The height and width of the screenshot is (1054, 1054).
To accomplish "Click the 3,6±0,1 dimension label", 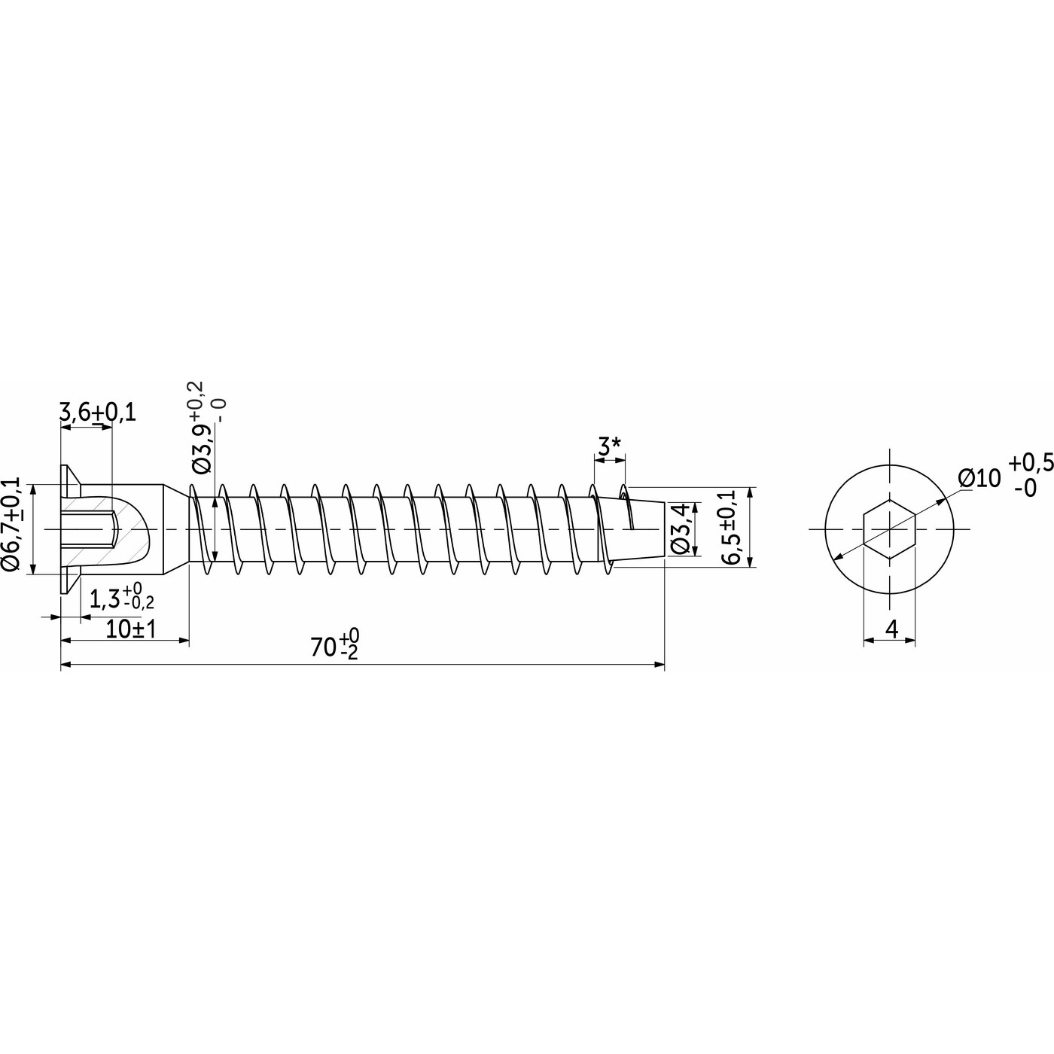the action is coord(97,413).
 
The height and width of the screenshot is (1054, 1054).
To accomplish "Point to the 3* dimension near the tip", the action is coord(609,447).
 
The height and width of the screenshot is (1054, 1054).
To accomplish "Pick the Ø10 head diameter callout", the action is coord(979,479).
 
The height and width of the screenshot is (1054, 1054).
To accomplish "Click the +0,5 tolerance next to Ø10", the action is coord(1031,463).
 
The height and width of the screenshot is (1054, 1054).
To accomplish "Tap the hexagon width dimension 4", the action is coord(891,629).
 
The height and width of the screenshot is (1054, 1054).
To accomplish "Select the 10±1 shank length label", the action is coord(131,629).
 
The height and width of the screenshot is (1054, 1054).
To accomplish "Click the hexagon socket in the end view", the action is coord(889,529).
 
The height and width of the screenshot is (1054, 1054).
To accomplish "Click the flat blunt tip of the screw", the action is coord(664,529).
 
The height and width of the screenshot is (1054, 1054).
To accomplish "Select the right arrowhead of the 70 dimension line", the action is coord(660,665).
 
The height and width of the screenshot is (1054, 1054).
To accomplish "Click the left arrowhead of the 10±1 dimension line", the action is coord(65,640).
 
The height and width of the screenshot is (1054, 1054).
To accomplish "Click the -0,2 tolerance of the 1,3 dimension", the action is coord(139,604).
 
